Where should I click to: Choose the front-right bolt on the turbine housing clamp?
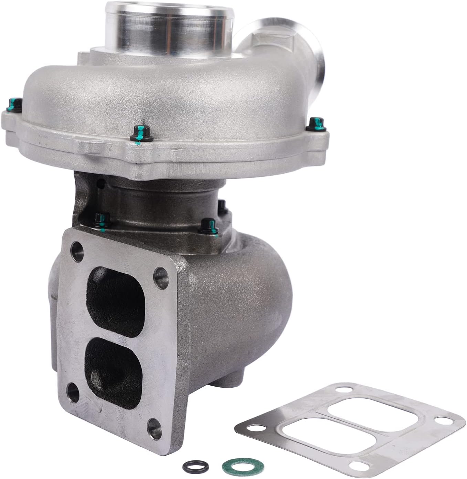[x=208, y=225]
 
